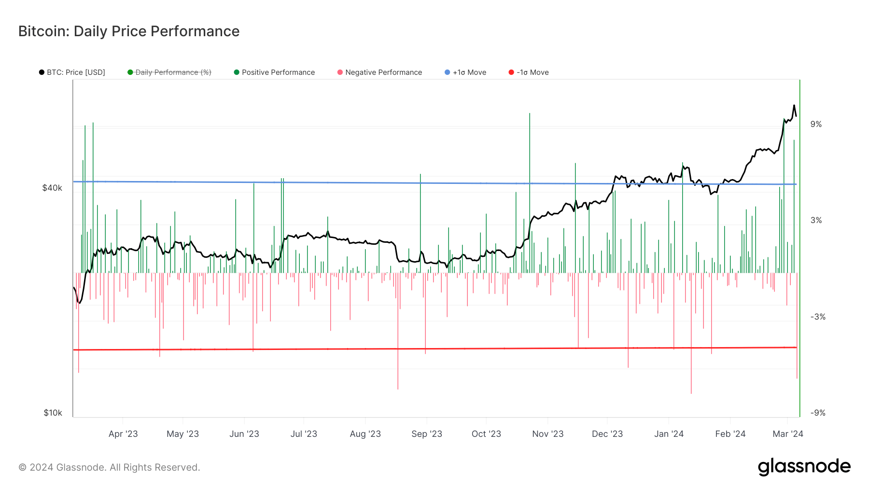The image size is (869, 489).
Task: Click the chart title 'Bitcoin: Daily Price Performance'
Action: [x=129, y=31]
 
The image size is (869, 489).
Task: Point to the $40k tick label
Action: [x=52, y=188]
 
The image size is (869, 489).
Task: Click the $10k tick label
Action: [x=53, y=413]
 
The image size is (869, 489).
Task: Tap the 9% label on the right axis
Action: [x=816, y=124]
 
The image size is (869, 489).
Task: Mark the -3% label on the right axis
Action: [x=818, y=317]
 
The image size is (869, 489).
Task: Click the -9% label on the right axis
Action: [x=818, y=413]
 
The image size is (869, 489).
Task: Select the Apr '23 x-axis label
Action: [x=123, y=433]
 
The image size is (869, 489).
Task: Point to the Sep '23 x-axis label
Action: [x=427, y=433]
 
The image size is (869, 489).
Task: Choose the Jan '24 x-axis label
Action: [x=669, y=433]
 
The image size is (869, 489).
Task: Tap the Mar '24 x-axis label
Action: [x=787, y=433]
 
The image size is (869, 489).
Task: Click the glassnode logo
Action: [x=804, y=467]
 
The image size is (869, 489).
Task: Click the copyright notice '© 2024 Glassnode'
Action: [x=109, y=467]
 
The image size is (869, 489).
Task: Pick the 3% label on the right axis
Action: [x=816, y=220]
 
